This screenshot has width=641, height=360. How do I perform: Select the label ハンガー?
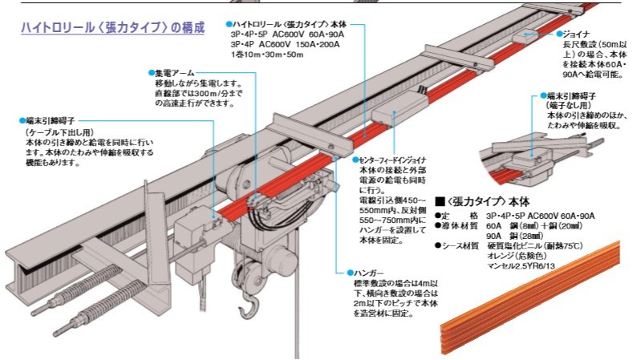click(x=370, y=273)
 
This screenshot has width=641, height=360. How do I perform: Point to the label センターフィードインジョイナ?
click(x=394, y=160)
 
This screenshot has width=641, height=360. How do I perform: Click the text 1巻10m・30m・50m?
click(x=261, y=55)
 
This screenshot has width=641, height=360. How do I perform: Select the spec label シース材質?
click(x=460, y=245)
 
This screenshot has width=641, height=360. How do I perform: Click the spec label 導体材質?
click(x=460, y=225)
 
